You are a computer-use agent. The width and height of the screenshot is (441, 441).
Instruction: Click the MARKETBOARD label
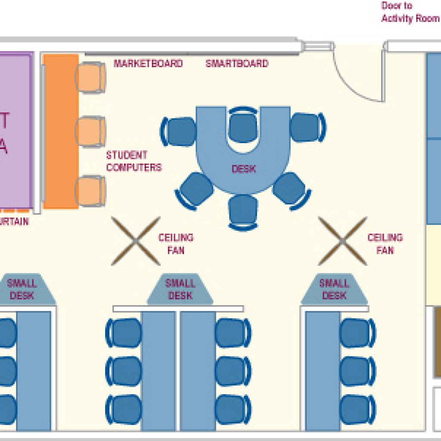(148, 64)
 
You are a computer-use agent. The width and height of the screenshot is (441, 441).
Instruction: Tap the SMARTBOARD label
(237, 64)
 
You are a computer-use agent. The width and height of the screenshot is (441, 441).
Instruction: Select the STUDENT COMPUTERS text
(134, 161)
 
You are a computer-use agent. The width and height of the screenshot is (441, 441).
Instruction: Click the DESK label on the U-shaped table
(244, 169)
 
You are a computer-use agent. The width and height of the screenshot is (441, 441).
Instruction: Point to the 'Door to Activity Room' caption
(410, 12)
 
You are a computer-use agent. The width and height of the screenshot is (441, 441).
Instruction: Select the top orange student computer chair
(90, 77)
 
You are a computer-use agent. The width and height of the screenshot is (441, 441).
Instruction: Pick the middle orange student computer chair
(90, 131)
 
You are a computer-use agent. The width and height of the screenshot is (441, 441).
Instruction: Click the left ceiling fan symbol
(136, 241)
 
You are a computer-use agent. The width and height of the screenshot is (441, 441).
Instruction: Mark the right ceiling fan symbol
(342, 241)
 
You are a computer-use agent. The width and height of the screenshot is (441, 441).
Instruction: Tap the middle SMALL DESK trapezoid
(180, 289)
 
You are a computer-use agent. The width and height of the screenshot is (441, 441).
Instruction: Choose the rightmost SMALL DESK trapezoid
(334, 289)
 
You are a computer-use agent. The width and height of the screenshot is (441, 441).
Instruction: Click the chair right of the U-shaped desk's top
(307, 127)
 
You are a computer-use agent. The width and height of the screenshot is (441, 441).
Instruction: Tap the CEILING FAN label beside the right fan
(385, 244)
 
